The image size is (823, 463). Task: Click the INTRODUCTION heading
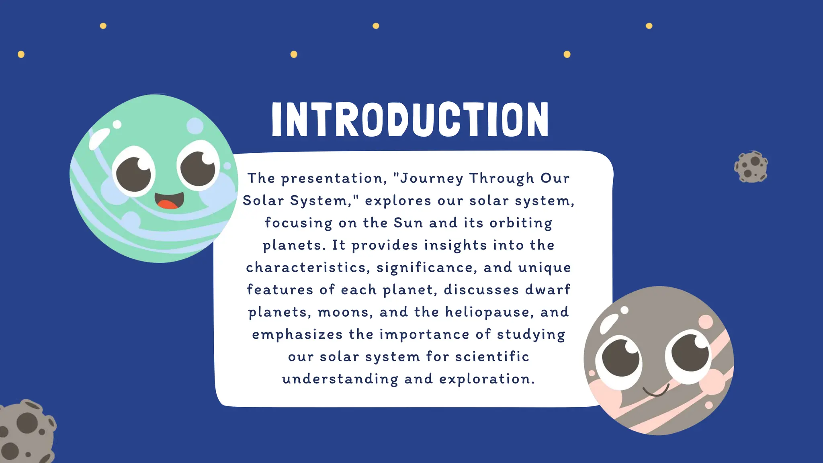(x=410, y=119)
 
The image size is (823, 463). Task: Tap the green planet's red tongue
(x=168, y=205)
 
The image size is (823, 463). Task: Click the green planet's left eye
(x=134, y=173)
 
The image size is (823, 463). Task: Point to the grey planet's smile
(x=656, y=391)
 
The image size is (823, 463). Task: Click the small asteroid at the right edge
(x=751, y=167)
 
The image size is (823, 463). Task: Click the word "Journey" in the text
(x=432, y=178)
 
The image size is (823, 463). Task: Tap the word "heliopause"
(x=489, y=312)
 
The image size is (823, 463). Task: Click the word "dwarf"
(x=548, y=290)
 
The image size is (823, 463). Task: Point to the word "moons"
(x=345, y=312)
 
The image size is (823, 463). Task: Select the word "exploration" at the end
(x=487, y=379)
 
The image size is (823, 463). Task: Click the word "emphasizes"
(x=297, y=335)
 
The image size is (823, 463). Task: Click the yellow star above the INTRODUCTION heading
(x=376, y=26)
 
